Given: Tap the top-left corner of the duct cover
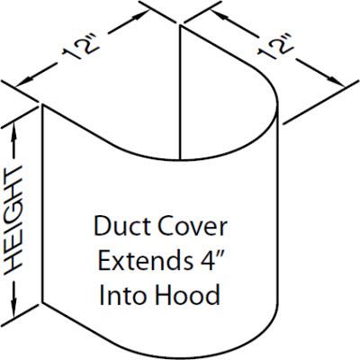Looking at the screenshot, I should (x=43, y=104).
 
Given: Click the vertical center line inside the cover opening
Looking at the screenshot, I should (x=182, y=99).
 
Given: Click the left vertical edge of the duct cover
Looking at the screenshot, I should (x=43, y=207).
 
